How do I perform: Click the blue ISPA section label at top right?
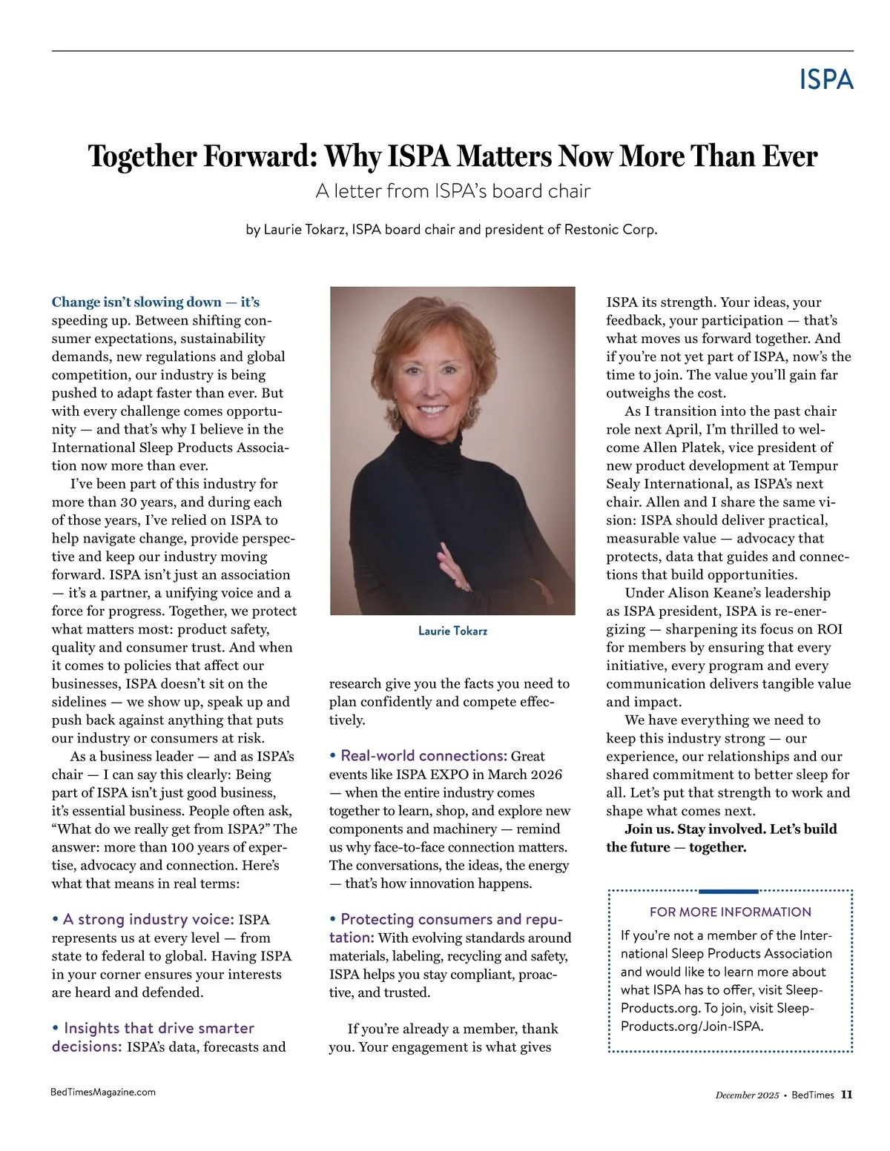[826, 79]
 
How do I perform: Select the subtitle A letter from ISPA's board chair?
[452, 191]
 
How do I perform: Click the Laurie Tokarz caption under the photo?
[452, 631]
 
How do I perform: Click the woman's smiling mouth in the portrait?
[433, 409]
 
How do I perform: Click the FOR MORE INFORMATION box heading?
[730, 912]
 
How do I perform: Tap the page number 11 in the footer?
[846, 1095]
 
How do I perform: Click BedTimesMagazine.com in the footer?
[103, 1092]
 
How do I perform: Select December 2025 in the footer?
[747, 1095]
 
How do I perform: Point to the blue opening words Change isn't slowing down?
[136, 302]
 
